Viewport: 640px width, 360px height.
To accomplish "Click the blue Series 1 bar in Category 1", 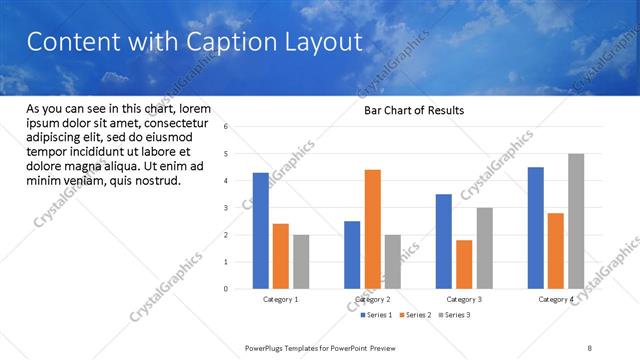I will [x=261, y=230].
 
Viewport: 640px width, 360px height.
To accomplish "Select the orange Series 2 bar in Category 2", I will [x=372, y=229].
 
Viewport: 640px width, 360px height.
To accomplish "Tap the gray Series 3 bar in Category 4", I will [x=576, y=221].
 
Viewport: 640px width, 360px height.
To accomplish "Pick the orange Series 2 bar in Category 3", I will [x=464, y=264].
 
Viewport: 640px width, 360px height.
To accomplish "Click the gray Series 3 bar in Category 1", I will [x=301, y=262].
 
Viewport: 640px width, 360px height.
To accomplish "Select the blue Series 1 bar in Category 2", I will [x=352, y=255].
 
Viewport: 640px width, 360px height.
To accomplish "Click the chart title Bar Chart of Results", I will [x=413, y=111].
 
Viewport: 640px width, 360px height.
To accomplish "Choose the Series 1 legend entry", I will [x=378, y=315].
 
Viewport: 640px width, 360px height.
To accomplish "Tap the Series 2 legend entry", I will [x=415, y=315].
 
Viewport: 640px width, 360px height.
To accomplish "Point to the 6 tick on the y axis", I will [x=227, y=127].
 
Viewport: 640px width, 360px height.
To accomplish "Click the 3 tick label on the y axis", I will [x=227, y=208].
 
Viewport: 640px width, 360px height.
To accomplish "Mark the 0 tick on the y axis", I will [x=227, y=289].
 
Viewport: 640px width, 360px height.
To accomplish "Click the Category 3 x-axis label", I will [x=464, y=299].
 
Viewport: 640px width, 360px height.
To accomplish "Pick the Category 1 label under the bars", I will [x=281, y=299].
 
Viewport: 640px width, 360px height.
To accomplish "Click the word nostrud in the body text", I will [x=155, y=181].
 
